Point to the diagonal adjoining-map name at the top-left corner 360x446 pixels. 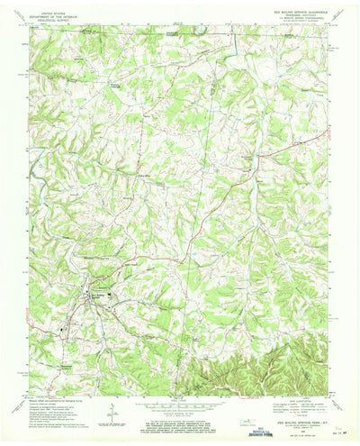pyautogui.click(x=19, y=33)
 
